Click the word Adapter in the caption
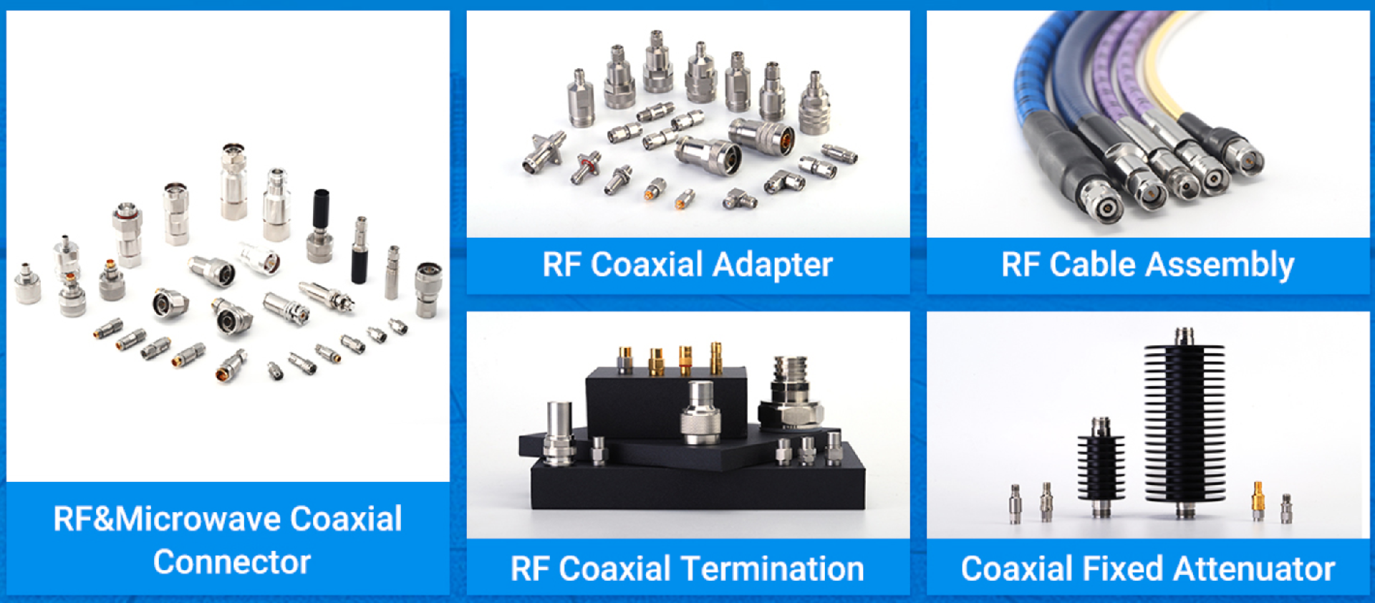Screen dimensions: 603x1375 (773, 265)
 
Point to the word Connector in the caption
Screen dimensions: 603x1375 (232, 562)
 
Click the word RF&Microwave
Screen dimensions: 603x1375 (167, 519)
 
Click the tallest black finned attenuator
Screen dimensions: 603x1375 (1184, 423)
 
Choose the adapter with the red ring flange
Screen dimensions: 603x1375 (587, 166)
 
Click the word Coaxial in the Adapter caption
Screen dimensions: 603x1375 (647, 265)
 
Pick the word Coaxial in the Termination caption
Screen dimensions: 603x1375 (611, 569)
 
